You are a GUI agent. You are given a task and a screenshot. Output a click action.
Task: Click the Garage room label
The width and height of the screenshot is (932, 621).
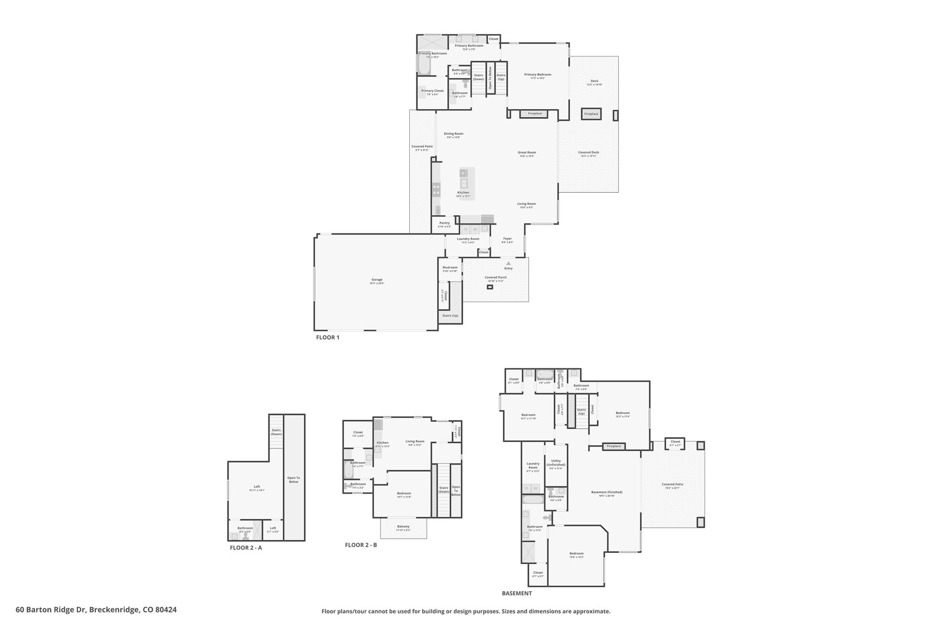click(x=377, y=280)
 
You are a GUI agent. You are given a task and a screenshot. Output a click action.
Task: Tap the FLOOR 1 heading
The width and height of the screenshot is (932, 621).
click(x=328, y=337)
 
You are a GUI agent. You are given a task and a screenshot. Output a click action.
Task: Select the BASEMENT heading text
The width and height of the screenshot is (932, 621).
click(x=517, y=593)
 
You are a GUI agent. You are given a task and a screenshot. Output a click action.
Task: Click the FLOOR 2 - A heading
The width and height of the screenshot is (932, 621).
click(x=245, y=547)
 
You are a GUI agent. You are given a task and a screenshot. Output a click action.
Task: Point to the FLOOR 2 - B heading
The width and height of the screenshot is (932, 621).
click(x=361, y=545)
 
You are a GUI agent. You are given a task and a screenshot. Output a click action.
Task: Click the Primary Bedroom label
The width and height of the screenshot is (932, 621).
click(x=537, y=75)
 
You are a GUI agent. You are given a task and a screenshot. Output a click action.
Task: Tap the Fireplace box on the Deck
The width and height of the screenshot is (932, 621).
click(x=591, y=114)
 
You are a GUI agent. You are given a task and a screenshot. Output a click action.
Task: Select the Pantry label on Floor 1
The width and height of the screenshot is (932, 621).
click(x=444, y=223)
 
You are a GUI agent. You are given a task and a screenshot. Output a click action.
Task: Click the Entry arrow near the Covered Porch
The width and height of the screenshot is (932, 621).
click(x=508, y=264)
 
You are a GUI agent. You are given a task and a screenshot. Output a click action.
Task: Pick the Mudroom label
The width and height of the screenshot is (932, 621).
click(x=450, y=268)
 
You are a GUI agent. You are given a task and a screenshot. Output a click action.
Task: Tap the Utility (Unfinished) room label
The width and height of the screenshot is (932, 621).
click(x=556, y=463)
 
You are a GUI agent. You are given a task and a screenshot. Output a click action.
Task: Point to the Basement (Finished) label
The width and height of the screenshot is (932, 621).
click(x=606, y=493)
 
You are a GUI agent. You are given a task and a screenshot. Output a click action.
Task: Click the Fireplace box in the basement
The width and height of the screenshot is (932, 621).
click(x=614, y=446)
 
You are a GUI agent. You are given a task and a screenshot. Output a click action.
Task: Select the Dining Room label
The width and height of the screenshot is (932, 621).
click(x=454, y=134)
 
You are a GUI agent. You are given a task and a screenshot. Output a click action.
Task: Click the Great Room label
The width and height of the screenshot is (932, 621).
click(x=527, y=153)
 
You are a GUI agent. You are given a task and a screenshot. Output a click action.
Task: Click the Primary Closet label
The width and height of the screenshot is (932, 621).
click(x=432, y=91)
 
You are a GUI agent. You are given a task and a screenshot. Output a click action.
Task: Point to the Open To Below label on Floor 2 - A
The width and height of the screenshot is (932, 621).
click(x=294, y=479)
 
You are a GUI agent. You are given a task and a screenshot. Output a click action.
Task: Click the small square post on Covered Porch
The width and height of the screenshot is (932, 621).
click(x=490, y=287)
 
